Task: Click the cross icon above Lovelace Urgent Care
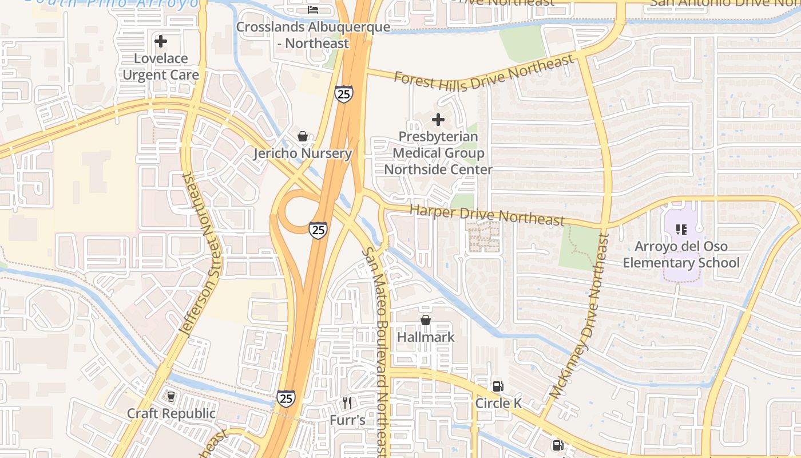[161, 41]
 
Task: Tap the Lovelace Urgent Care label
[161, 66]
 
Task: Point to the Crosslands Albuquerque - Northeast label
[313, 35]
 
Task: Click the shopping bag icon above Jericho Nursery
[302, 136]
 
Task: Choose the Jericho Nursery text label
[302, 153]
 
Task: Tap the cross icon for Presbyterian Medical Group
[438, 120]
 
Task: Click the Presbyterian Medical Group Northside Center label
[438, 153]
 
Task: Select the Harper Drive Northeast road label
[487, 215]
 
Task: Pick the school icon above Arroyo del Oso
[681, 230]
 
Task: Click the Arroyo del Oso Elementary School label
[681, 255]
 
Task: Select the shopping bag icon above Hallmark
[426, 320]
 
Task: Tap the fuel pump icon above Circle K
[498, 386]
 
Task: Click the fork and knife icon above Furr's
[347, 403]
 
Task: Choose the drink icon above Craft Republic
[170, 396]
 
